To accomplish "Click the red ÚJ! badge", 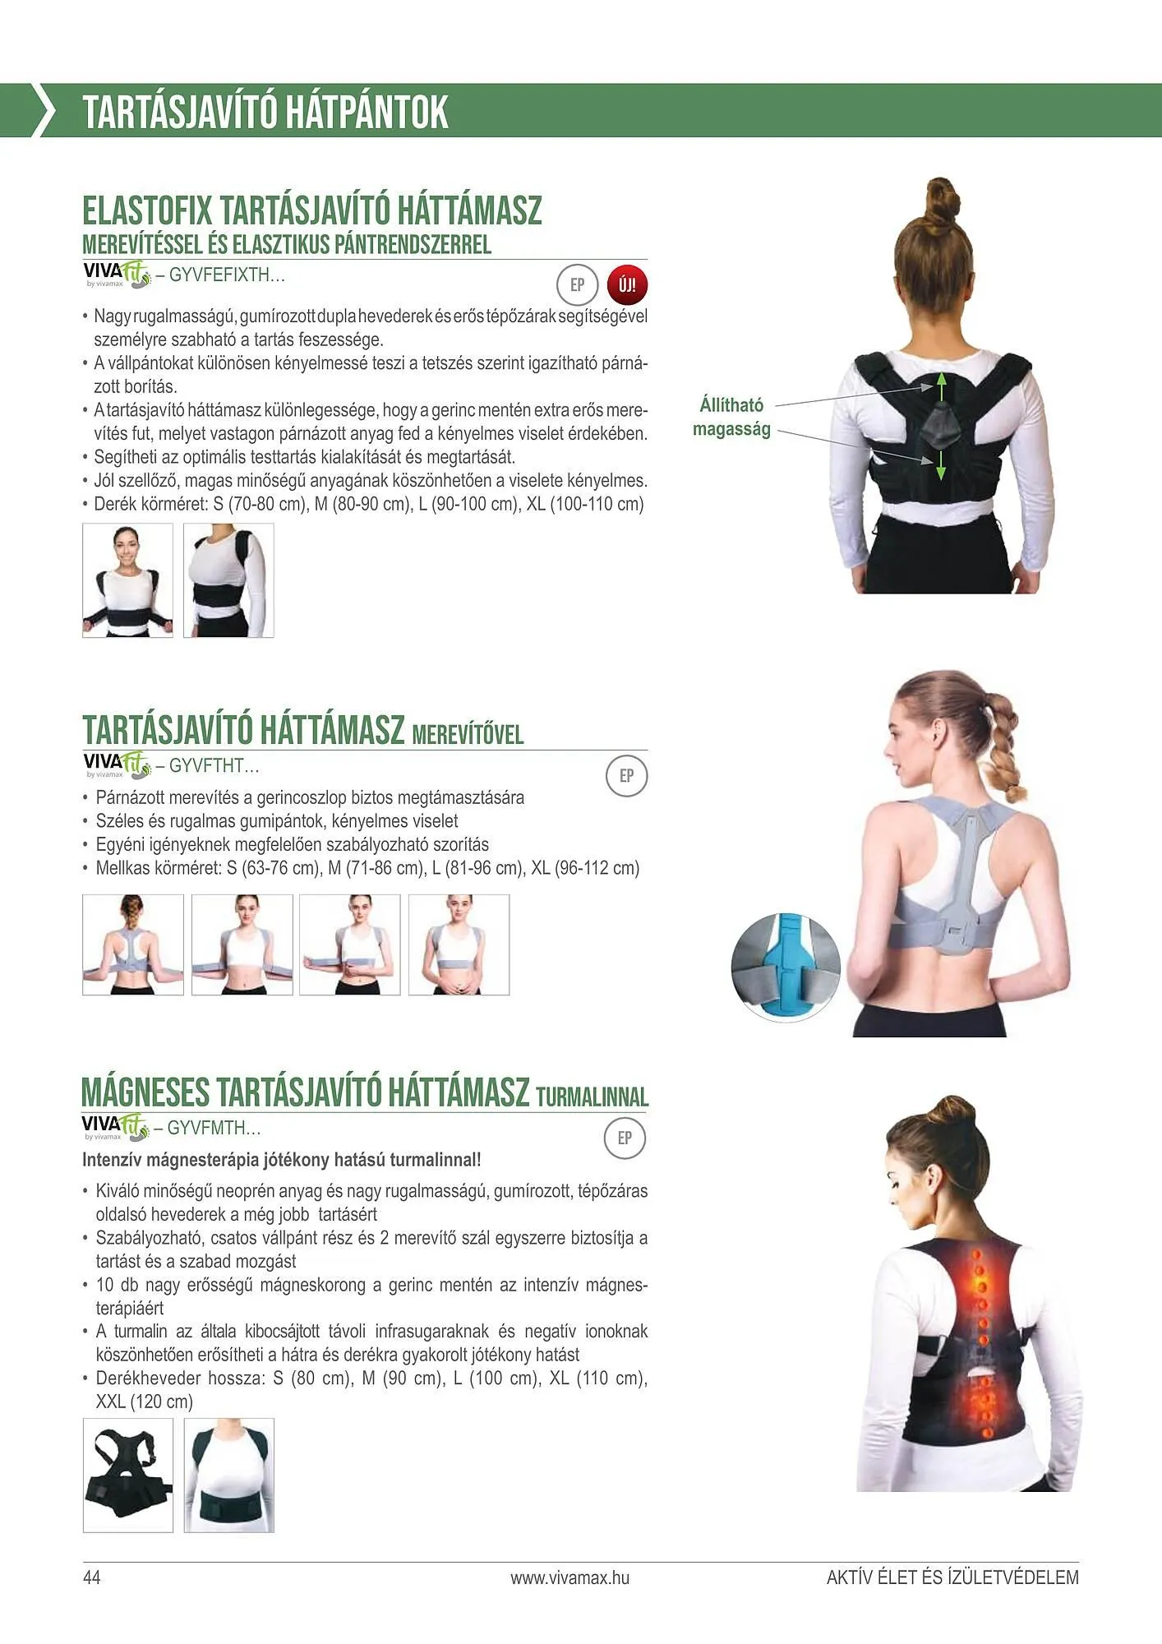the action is pos(627,285).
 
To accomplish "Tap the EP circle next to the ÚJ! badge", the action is pos(577,285).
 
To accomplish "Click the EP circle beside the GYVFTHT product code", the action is pos(626,776).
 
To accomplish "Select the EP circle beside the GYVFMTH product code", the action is pos(625,1138).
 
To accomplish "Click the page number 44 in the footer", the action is pos(91,1577).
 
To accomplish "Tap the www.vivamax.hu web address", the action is pos(569,1577).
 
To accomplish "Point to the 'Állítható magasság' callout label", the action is pos(731,417).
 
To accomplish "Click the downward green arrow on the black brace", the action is pos(942,466).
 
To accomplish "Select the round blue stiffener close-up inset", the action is pos(786,966).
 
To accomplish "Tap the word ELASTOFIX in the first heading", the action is pos(147,210).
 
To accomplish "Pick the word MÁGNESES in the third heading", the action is pos(145,1092).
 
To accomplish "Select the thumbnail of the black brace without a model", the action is pos(128,1475).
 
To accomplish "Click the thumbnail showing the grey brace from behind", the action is pos(133,944).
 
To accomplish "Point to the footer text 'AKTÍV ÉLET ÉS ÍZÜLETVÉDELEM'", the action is pos(952,1577).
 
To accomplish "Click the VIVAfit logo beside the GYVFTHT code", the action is pos(117,764).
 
